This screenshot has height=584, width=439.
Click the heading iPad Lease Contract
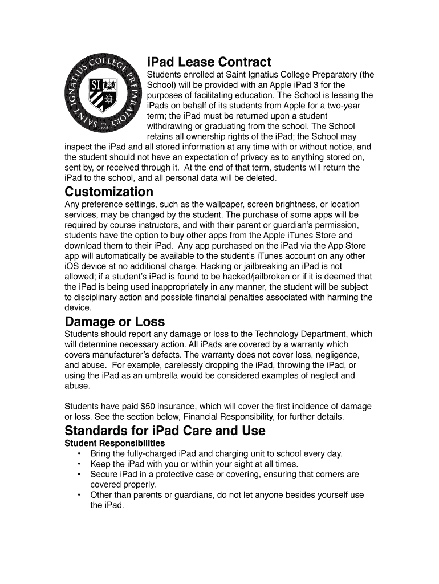pos(209,62)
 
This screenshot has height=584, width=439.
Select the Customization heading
pos(109,191)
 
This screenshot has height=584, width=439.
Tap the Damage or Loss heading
pos(115,322)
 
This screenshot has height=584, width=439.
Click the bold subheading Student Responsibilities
pos(115,443)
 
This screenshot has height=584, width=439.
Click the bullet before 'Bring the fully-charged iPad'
pos(78,454)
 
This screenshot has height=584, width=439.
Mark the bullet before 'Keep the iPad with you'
pos(78,464)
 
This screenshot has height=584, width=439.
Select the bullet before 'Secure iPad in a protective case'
pos(78,474)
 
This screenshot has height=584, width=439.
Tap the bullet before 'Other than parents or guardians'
pos(78,495)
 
